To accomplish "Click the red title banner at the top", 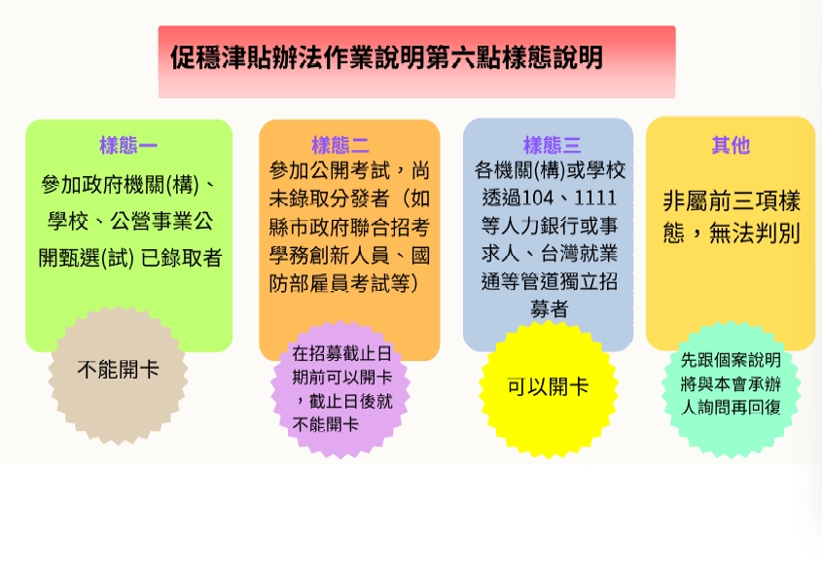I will click(x=416, y=61).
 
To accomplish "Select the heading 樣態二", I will click(x=340, y=146).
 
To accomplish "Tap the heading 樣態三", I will click(x=552, y=146).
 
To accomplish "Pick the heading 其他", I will click(x=731, y=146).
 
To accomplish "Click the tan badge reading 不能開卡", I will click(x=118, y=370).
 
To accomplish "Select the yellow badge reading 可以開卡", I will click(x=548, y=386).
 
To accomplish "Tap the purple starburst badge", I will click(x=341, y=390).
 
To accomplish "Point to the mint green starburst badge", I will click(x=731, y=384).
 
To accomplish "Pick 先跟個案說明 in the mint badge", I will click(x=731, y=360).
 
